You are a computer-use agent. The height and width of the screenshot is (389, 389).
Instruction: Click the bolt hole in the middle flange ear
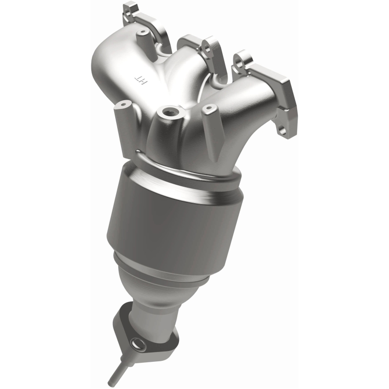[x=204, y=48]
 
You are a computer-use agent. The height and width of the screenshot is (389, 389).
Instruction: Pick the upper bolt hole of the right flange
[x=239, y=61]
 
